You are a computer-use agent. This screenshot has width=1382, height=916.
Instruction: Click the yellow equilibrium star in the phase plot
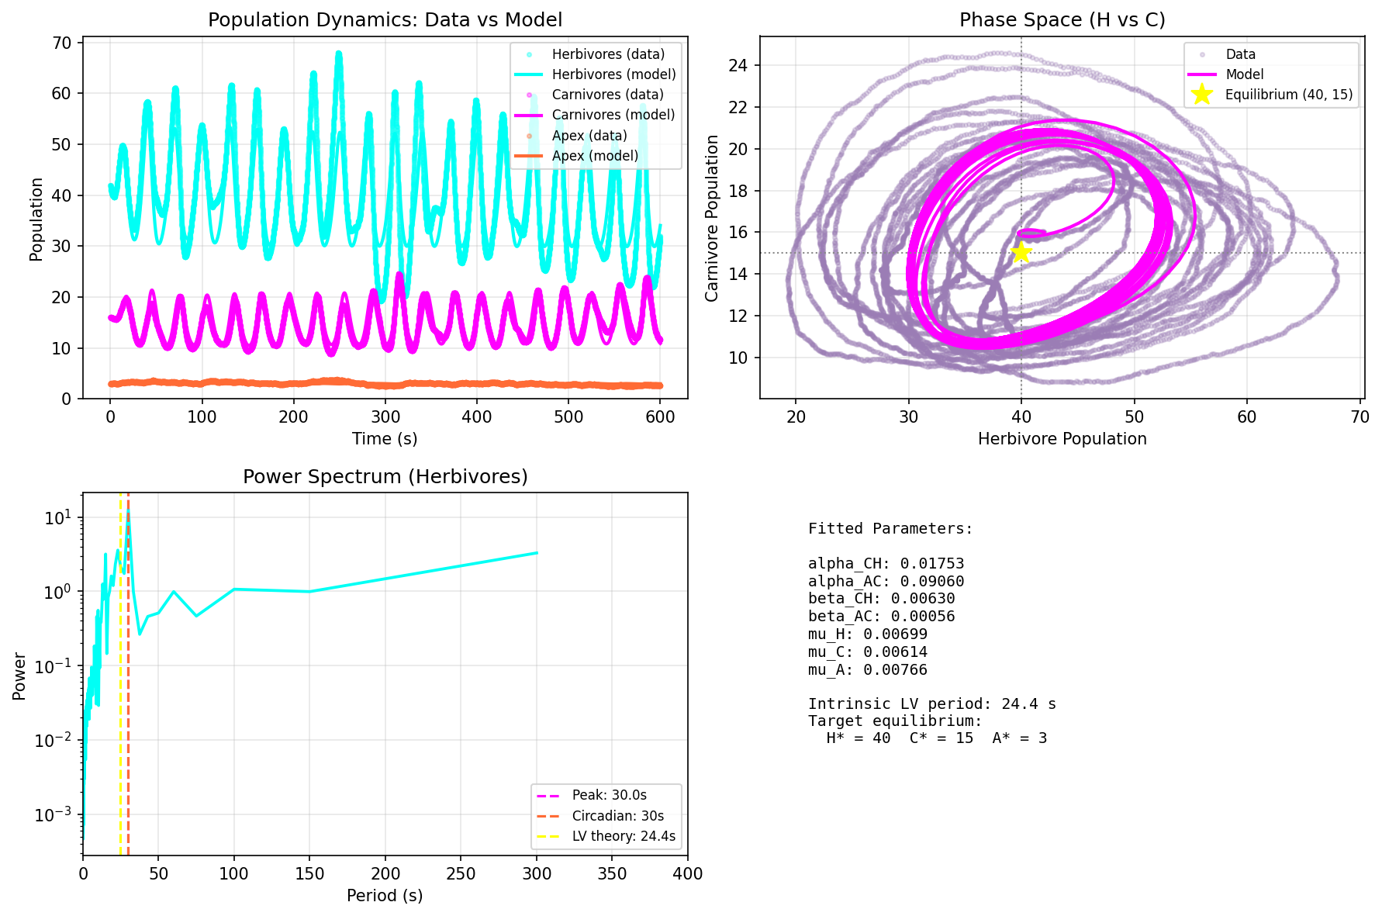pos(1021,252)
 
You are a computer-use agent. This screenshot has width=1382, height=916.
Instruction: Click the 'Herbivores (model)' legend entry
pos(613,74)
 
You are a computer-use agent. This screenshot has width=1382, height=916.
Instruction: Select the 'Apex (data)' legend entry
pos(589,136)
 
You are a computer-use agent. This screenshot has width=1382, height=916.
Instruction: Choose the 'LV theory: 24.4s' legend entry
pos(624,836)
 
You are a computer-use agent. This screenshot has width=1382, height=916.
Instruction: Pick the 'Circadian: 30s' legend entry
pos(617,816)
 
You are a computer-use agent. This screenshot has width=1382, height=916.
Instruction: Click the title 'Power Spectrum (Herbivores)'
pos(385,476)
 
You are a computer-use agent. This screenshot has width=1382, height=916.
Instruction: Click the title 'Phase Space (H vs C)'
pos(1062,20)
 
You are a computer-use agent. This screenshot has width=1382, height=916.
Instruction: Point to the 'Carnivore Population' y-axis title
pos(712,218)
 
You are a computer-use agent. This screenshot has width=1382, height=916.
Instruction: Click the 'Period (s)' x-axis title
pos(385,896)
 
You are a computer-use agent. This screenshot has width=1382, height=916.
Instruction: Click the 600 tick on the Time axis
pos(659,417)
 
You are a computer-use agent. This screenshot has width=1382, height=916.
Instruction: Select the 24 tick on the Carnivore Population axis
pos(738,65)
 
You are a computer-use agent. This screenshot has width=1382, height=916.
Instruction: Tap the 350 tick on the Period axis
pos(612,874)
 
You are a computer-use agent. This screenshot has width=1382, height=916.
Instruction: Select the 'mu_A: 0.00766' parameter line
pos(867,670)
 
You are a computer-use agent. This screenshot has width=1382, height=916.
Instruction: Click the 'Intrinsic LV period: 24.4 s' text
pos(931,704)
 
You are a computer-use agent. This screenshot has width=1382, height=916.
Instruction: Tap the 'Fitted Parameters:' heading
pos(890,529)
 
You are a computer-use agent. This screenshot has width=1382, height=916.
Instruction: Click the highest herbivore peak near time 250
pos(339,53)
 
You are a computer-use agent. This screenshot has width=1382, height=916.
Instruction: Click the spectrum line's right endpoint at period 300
pos(537,553)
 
